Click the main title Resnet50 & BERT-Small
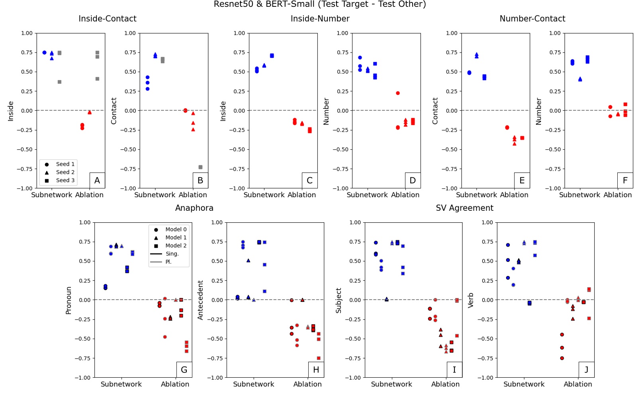(319, 4)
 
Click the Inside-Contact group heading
(107, 19)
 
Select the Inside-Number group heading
(320, 19)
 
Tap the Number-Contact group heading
(532, 19)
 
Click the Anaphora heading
(194, 208)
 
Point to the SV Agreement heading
(464, 208)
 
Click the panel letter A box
(97, 180)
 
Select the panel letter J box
(586, 370)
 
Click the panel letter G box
(184, 370)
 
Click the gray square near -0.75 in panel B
(200, 167)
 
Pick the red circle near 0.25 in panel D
(397, 93)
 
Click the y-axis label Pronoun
(69, 300)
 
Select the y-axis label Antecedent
(200, 300)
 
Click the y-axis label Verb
(471, 300)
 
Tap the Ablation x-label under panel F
(617, 195)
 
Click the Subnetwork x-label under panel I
(391, 384)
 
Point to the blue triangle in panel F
(580, 79)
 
